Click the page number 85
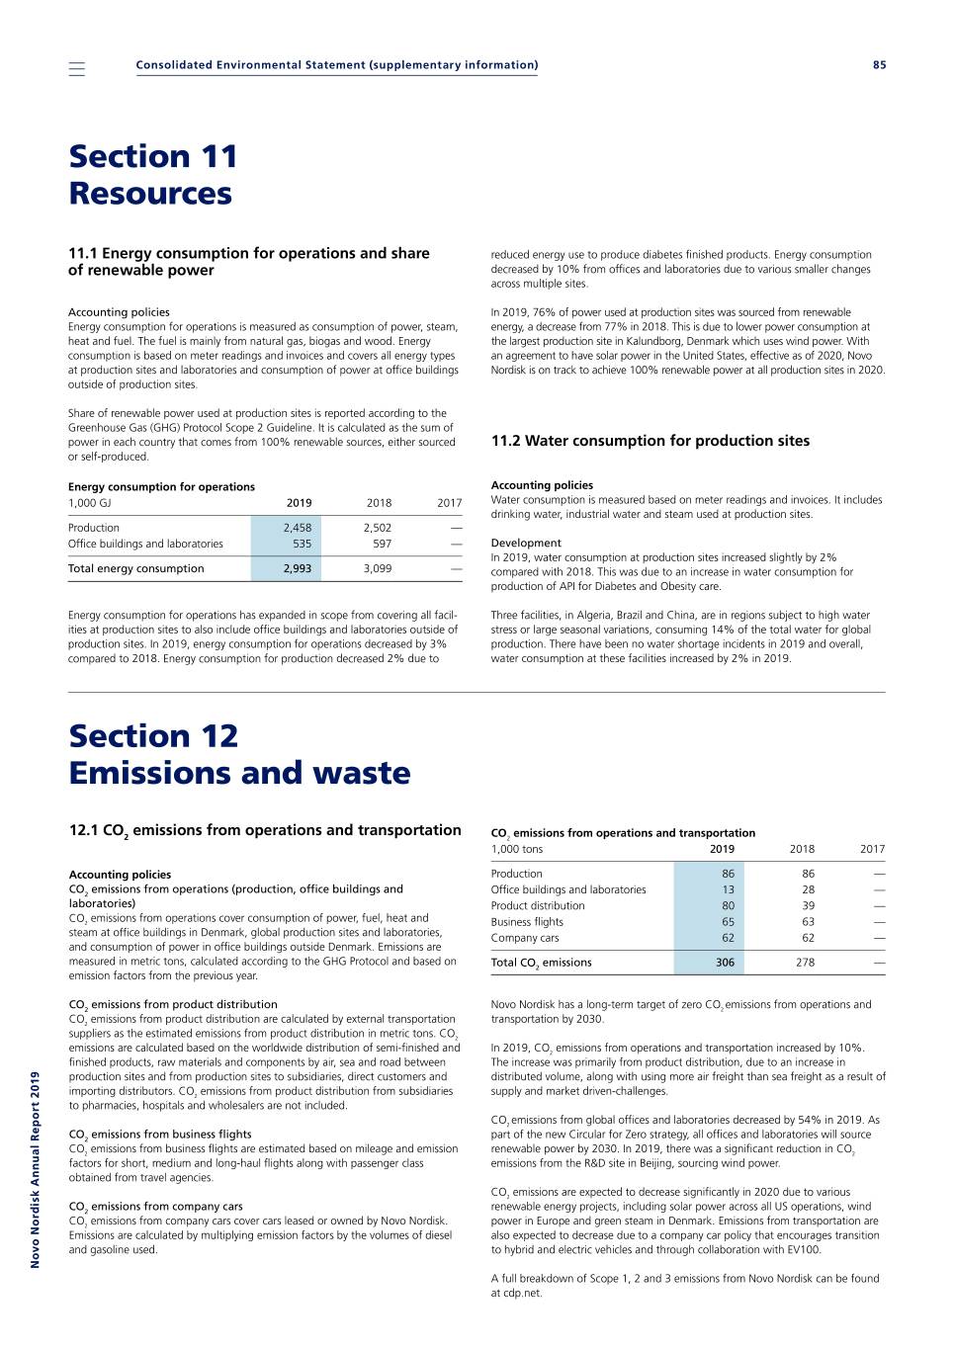(x=879, y=65)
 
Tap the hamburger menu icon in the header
(x=77, y=68)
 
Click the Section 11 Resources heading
(x=153, y=175)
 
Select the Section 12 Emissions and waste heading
(x=239, y=754)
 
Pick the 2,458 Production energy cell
(x=297, y=528)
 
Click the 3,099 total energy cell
(x=377, y=568)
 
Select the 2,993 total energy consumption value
(x=297, y=568)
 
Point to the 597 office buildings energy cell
(x=382, y=544)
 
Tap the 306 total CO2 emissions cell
(x=725, y=963)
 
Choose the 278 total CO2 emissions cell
(x=805, y=963)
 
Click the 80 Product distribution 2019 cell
(x=728, y=905)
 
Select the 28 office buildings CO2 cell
(x=808, y=889)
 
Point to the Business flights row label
(x=527, y=922)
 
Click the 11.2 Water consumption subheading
(x=650, y=441)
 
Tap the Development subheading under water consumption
(x=526, y=543)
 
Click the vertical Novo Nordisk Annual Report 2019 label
(x=36, y=1169)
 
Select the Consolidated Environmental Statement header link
(x=337, y=65)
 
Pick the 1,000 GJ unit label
(x=90, y=503)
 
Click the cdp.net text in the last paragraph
(x=521, y=1293)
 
